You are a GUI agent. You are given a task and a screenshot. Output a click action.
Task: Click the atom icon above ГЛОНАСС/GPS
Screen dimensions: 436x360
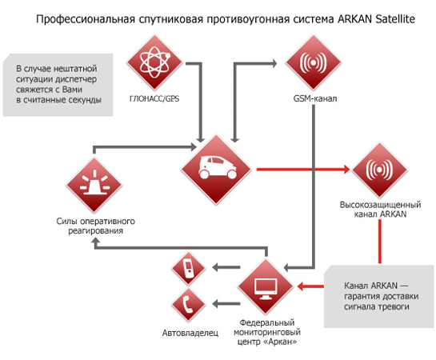tap(154, 62)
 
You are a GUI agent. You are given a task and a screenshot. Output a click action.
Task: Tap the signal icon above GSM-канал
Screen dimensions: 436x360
tap(313, 62)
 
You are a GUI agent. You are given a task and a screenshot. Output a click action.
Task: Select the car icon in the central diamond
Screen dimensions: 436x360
tap(217, 167)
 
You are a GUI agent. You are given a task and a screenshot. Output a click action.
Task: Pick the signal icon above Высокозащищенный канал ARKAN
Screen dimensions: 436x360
tap(379, 170)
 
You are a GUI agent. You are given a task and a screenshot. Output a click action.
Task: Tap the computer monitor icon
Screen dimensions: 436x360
tap(266, 289)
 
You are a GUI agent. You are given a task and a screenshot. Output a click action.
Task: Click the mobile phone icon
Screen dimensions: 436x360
tap(189, 268)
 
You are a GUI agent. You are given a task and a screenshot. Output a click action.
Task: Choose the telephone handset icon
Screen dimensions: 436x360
tap(189, 304)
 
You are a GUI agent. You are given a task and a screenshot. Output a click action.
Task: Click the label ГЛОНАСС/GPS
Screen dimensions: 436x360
tap(154, 98)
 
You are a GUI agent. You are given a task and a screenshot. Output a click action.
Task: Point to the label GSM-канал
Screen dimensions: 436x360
tap(315, 98)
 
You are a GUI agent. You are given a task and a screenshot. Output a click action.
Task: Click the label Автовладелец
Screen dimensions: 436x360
tap(190, 333)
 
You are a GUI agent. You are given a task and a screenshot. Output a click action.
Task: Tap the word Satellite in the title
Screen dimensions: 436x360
tap(395, 19)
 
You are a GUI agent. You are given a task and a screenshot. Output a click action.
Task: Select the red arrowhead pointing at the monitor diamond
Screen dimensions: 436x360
tap(300, 286)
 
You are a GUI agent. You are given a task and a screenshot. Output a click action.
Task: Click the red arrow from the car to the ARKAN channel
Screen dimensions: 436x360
tap(303, 169)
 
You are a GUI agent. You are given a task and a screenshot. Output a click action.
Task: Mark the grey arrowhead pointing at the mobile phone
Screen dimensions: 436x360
tap(216, 267)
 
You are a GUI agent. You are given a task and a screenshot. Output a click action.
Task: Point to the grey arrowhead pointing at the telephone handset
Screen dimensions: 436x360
tap(216, 303)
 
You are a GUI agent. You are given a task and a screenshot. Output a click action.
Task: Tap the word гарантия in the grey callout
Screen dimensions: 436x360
tap(361, 296)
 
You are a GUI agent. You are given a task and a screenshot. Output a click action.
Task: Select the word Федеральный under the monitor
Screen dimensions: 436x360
tap(267, 322)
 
